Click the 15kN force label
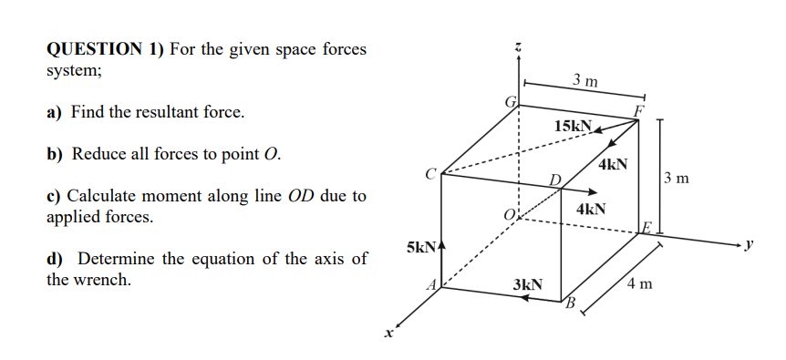click(x=573, y=125)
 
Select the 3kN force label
click(x=527, y=284)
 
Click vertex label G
click(x=512, y=102)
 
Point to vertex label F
click(x=639, y=110)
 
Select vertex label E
click(x=646, y=227)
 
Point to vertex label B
click(x=572, y=303)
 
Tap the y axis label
click(x=752, y=244)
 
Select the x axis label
click(x=388, y=335)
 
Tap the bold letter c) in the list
click(x=55, y=195)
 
